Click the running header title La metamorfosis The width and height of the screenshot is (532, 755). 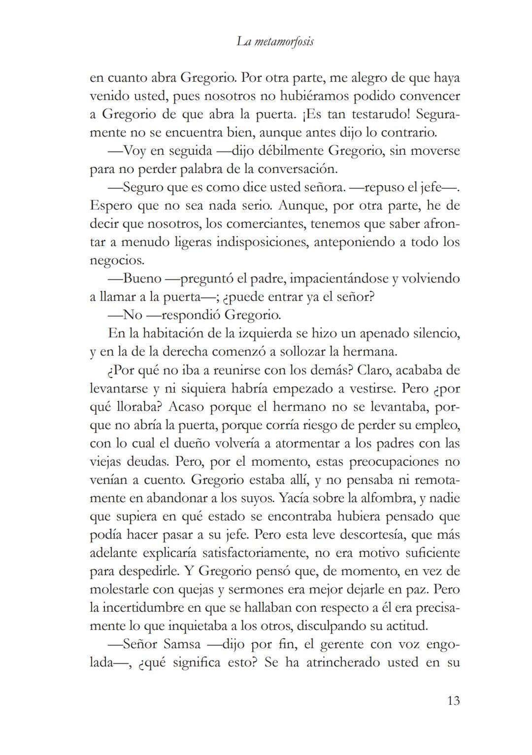pyautogui.click(x=275, y=41)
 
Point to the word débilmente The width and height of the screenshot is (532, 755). pyautogui.click(x=277, y=150)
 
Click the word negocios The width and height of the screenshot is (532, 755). pyautogui.click(x=117, y=260)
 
